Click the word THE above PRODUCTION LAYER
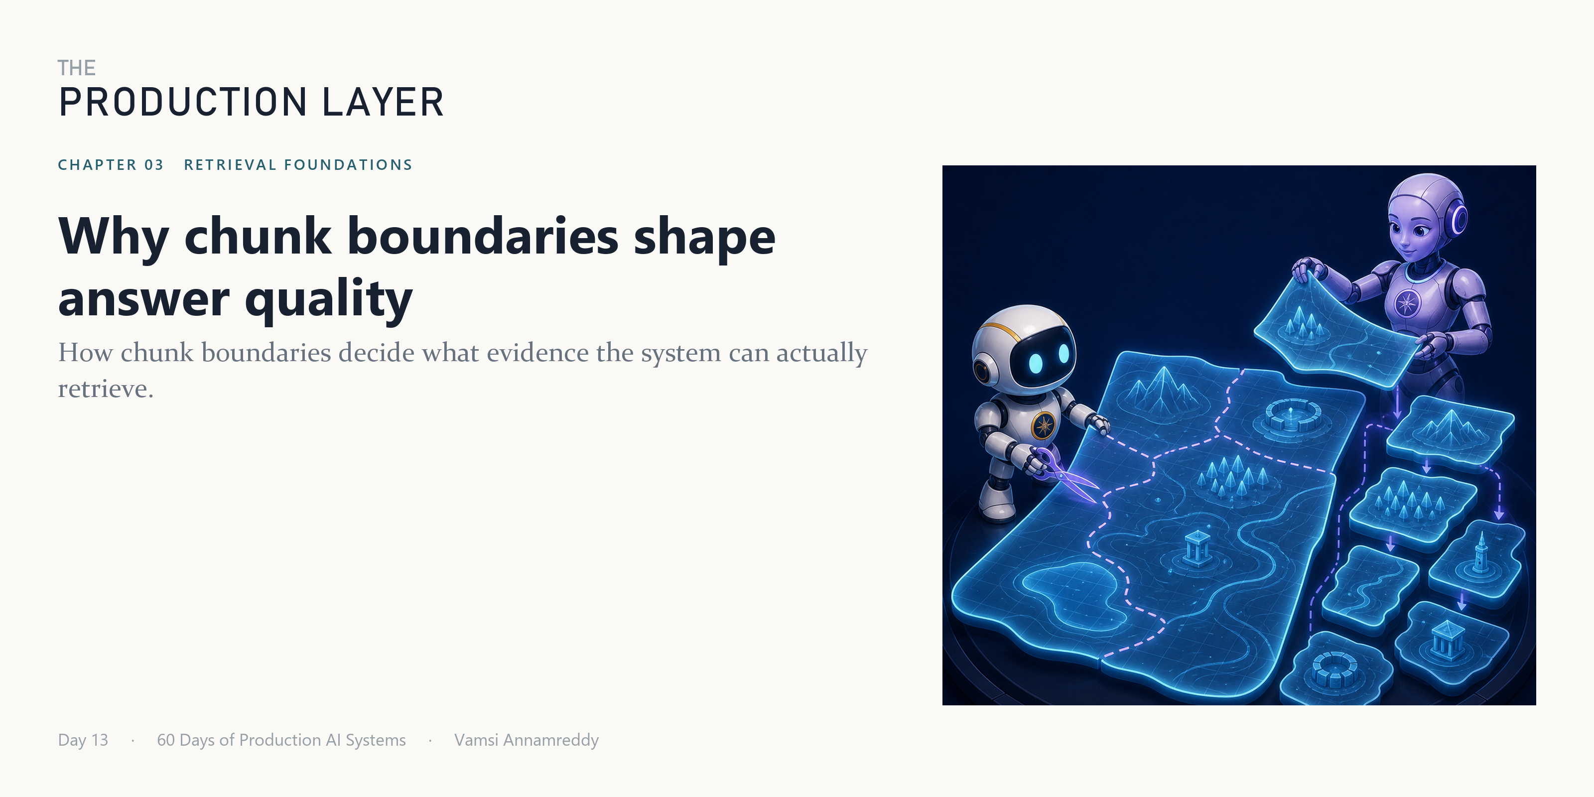77,68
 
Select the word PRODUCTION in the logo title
183,102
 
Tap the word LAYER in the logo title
383,102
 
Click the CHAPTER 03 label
111,164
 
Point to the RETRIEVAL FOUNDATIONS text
298,164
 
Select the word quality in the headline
329,300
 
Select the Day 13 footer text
83,740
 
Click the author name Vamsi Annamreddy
527,740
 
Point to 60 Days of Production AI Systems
281,740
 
